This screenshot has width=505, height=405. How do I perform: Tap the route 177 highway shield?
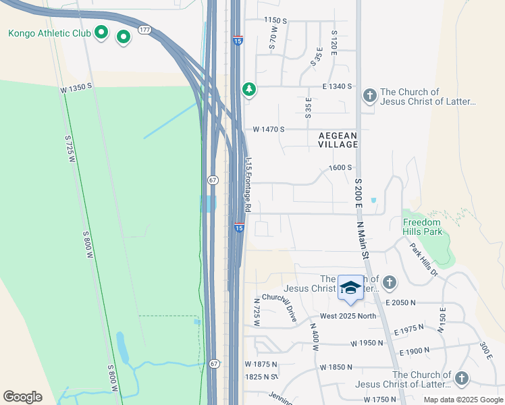(144, 30)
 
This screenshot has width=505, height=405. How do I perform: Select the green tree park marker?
(249, 88)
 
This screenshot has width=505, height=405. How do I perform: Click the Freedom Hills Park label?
(422, 227)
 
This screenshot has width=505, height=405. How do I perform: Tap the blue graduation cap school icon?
(350, 288)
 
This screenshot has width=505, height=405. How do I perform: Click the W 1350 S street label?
(76, 88)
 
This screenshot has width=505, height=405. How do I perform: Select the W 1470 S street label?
(269, 129)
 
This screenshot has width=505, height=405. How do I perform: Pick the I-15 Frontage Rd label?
(248, 185)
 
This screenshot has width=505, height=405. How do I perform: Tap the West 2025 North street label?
(348, 317)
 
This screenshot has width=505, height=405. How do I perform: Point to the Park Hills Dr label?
(424, 259)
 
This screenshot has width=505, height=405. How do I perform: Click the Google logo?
(22, 397)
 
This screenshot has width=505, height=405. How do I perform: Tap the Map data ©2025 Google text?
(462, 400)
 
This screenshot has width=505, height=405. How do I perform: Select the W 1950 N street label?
(367, 343)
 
